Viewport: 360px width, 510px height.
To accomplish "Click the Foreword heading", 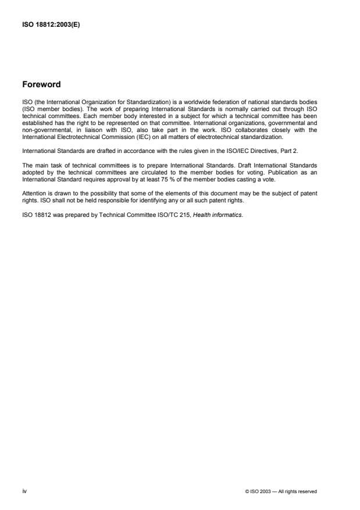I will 41,84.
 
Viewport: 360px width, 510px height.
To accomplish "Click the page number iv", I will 24,491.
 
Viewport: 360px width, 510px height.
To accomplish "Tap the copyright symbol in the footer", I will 248,491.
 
